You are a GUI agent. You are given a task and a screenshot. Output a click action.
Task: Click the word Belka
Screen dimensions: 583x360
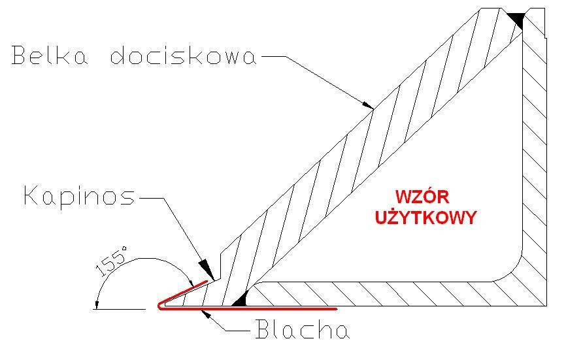[x=50, y=56]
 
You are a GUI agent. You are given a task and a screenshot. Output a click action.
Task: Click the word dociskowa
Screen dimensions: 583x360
[x=184, y=56]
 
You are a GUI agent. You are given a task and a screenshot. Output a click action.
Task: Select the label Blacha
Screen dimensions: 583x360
[x=303, y=329]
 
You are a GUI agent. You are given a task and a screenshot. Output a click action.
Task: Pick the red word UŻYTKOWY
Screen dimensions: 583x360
[x=425, y=218]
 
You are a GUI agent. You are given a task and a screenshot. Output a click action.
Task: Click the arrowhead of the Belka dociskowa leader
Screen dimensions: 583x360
[x=368, y=104]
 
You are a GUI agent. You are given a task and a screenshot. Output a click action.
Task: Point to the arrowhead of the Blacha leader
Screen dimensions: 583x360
[x=206, y=313]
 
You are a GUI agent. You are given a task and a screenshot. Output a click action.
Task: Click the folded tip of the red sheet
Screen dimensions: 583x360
[x=160, y=306]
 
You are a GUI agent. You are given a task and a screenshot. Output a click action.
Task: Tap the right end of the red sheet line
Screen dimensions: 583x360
[x=337, y=309]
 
